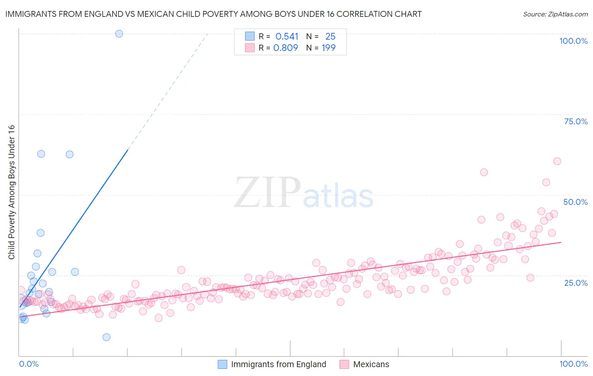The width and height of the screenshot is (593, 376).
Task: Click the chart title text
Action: pos(213,14)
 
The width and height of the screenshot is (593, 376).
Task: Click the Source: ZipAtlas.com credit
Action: pos(555,14)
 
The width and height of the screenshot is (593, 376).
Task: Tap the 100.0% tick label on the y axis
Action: pos(573,41)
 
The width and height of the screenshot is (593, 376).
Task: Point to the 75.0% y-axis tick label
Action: pos(576,121)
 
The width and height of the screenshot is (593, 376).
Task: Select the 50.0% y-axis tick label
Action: pos(575,202)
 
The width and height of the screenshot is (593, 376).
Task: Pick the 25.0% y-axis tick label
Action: pos(576,282)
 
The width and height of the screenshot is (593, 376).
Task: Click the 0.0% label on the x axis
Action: pos(29,364)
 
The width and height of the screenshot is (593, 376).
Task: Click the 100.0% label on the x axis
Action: pos(573,364)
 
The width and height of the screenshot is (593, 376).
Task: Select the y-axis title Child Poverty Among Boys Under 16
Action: pos(11,192)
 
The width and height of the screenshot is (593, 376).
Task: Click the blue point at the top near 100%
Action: pos(119,34)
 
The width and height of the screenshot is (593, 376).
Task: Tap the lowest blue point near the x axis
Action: pos(106,337)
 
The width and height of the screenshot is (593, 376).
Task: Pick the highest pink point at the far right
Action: pos(557,161)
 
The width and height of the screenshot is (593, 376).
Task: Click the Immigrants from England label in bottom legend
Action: pos(278,364)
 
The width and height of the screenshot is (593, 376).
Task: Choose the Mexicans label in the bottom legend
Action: pos(371,364)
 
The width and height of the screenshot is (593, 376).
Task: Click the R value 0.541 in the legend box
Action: pos(287,36)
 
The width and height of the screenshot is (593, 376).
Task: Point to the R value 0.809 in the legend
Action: pos(286,48)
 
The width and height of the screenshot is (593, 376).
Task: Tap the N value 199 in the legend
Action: pos(329,48)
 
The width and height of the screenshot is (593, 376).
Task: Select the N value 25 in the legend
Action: pos(330,36)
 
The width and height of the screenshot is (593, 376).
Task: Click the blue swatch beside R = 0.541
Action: pos(250,36)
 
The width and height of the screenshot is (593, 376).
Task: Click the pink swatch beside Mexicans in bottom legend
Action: pos(344,364)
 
